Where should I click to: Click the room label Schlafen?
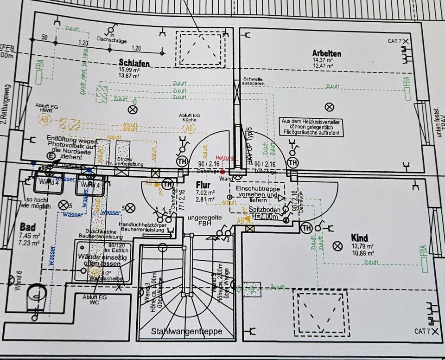click(133, 63)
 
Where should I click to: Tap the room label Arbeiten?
click(326, 53)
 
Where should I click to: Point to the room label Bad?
click(28, 227)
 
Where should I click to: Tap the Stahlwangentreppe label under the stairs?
click(186, 331)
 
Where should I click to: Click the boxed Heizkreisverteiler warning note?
click(312, 127)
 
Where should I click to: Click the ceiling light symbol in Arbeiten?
click(330, 107)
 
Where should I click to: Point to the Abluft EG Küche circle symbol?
click(189, 129)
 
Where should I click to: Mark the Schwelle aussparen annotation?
click(253, 82)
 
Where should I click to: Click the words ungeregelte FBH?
click(204, 220)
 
